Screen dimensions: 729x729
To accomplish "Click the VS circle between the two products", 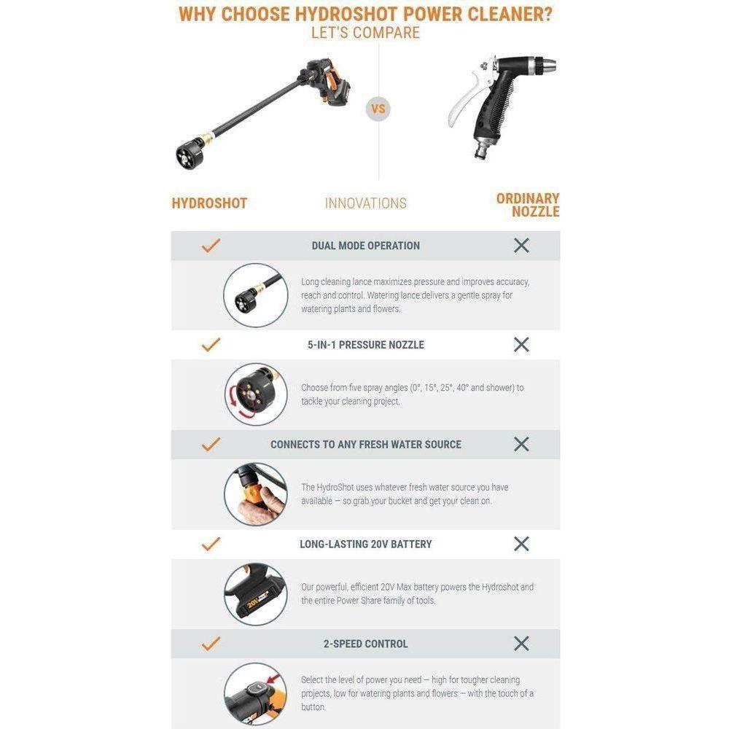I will tap(378, 109).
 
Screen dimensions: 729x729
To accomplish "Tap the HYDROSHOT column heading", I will tap(209, 203).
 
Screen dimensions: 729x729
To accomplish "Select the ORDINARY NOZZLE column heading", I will tap(528, 205).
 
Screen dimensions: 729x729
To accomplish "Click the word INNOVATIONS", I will tap(365, 203).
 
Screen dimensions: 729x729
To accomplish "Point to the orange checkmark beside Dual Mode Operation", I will tap(211, 246).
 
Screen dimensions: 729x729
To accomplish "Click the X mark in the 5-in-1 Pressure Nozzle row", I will tap(521, 345).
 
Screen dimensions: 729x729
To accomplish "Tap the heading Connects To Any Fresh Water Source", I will tap(365, 445).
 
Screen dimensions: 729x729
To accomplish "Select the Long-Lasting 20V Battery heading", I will tap(365, 544).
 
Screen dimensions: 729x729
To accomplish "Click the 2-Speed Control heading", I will tap(365, 644).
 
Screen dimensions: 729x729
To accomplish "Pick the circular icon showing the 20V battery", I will tap(255, 593).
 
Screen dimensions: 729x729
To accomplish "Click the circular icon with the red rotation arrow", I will tap(255, 394).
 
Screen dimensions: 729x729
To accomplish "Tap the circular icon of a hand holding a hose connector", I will tap(255, 494).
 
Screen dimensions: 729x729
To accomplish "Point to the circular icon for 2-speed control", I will tap(255, 693).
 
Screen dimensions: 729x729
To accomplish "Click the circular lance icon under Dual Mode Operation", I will tap(255, 295).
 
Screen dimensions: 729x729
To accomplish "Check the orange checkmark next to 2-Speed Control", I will tap(211, 644).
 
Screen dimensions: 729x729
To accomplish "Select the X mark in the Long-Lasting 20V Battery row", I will tap(521, 544).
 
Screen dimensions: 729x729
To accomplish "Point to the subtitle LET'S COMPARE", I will tap(365, 33).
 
